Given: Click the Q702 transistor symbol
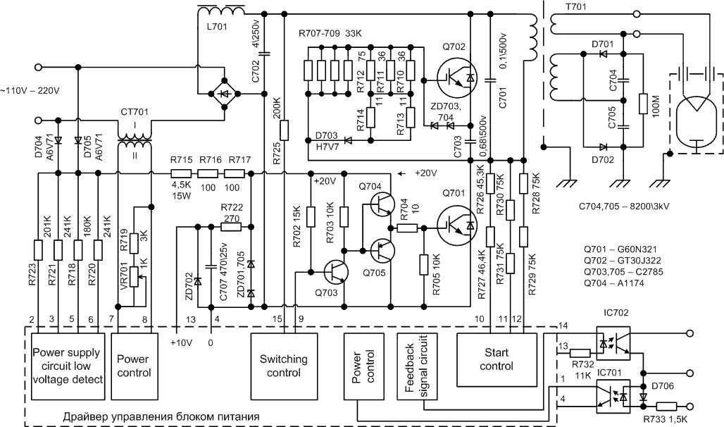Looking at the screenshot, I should pyautogui.click(x=456, y=77).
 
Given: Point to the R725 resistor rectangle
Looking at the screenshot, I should pyautogui.click(x=284, y=130).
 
